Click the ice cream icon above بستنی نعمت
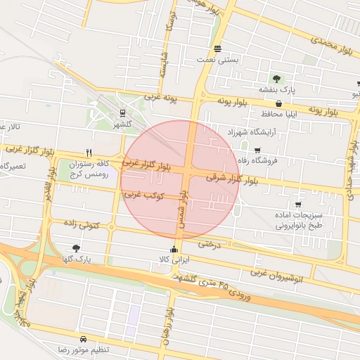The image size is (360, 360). (217, 49)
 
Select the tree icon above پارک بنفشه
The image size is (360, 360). (276, 79)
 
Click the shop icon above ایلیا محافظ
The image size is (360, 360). (279, 103)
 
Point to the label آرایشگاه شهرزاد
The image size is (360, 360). (252, 131)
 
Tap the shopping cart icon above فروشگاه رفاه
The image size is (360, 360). (257, 149)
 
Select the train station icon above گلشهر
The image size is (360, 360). (123, 112)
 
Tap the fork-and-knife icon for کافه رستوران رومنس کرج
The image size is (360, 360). (88, 152)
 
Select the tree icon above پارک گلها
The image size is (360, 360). (76, 247)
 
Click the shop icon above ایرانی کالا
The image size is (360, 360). (174, 249)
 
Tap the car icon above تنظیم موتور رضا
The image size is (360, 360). (84, 338)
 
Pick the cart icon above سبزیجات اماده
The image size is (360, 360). (298, 204)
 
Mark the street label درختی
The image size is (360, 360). (209, 245)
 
